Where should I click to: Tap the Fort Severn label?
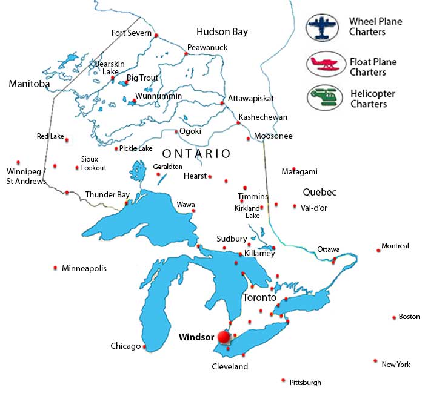tap(131, 33)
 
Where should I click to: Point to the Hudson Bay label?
tap(222, 31)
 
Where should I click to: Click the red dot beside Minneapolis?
tap(56, 268)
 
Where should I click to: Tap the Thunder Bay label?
tap(107, 194)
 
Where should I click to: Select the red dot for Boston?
tap(394, 317)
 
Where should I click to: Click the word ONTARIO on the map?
tap(196, 154)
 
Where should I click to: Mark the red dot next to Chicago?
tap(144, 347)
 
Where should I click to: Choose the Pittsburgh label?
tap(305, 382)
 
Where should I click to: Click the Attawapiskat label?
tap(251, 98)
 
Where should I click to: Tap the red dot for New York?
tap(376, 361)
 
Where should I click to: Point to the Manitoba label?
tap(29, 84)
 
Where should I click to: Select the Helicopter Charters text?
tap(372, 99)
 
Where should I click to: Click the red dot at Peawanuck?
tap(186, 54)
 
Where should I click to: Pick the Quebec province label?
tap(319, 192)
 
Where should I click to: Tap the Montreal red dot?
tap(378, 250)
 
